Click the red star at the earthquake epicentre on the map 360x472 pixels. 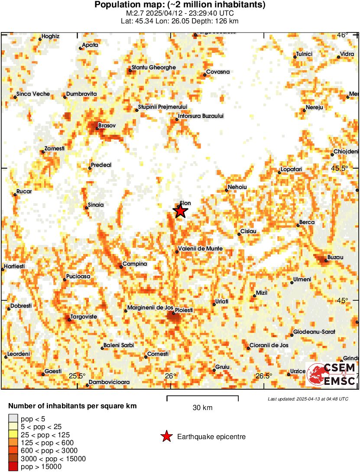180,211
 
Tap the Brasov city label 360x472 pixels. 107,125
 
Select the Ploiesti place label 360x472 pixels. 184,310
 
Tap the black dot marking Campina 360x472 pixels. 121,267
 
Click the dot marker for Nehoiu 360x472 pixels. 227,190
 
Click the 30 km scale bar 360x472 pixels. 202,397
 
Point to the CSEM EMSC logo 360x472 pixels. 332,374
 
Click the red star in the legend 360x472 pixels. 166,437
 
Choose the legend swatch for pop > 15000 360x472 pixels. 13,467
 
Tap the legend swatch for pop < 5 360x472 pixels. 13,419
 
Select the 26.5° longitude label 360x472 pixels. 263,376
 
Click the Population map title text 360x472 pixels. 180,5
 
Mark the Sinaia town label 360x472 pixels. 96,205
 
